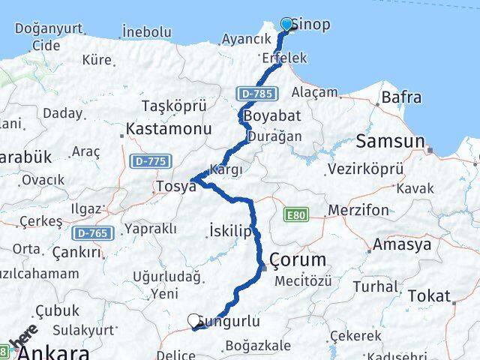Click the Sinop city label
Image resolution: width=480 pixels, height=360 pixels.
[311, 24]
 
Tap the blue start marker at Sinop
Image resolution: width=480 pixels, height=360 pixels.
[286, 25]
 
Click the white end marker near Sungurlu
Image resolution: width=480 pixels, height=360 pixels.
[195, 321]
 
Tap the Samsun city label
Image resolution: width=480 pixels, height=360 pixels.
[390, 140]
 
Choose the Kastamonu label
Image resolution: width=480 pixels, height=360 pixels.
[169, 129]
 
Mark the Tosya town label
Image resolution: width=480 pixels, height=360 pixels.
[175, 186]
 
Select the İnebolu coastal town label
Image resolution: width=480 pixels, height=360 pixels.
[146, 32]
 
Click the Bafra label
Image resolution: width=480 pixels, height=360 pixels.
[401, 97]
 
